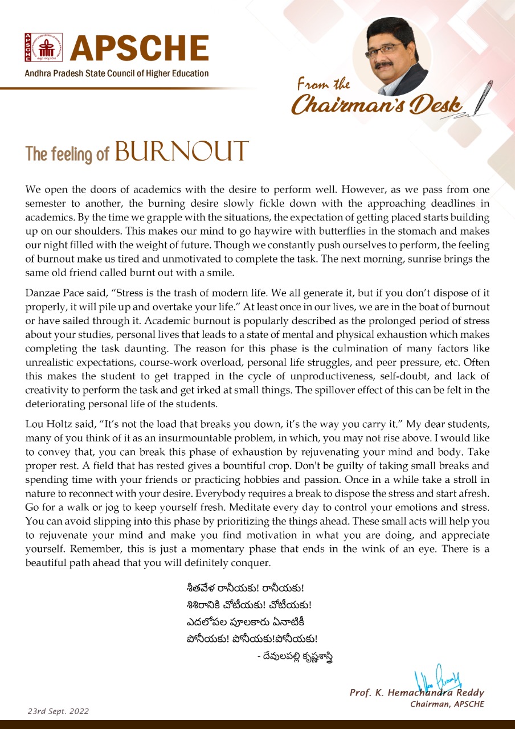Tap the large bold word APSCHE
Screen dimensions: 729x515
(140, 50)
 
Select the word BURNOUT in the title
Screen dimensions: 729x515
(182, 152)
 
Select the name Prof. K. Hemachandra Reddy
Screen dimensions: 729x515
(417, 693)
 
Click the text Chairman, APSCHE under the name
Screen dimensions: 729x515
(447, 704)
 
